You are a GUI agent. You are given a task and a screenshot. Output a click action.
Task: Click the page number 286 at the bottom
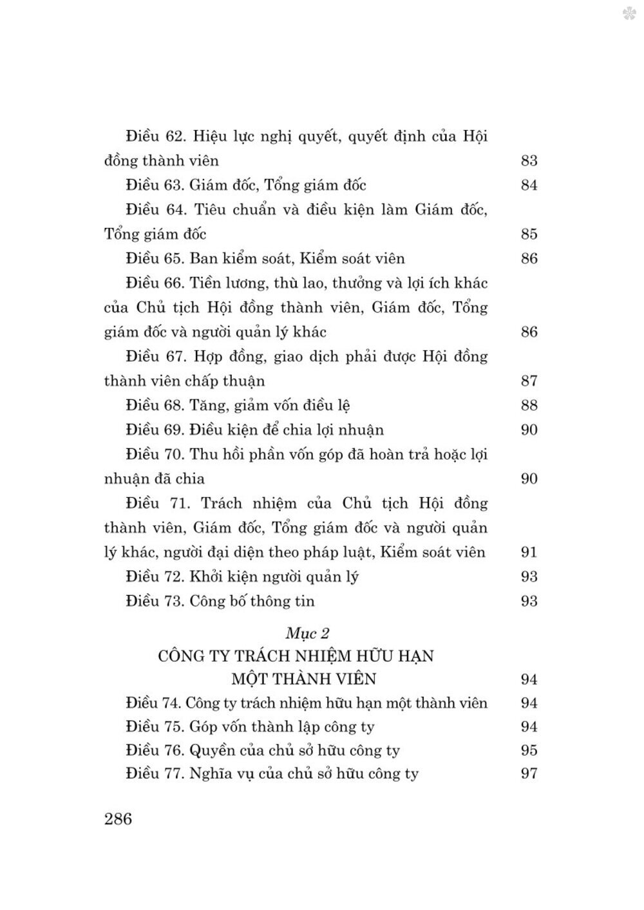117,819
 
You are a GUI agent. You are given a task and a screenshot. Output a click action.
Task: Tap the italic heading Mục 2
308,632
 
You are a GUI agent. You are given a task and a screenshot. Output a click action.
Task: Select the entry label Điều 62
156,137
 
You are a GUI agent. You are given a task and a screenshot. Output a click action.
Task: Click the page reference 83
529,161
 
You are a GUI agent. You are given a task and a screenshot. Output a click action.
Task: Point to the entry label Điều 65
155,259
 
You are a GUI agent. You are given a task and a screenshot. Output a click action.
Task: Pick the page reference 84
529,185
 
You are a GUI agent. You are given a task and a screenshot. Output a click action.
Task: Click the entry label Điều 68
155,406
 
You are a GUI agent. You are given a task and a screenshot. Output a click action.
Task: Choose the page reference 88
529,406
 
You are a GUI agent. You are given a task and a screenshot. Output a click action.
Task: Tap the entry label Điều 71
155,504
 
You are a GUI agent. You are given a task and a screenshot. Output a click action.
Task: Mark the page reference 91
529,553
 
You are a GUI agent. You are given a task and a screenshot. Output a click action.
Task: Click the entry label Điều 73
155,602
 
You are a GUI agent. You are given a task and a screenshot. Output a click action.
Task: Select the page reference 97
529,773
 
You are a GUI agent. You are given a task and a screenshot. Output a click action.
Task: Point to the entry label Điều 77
155,773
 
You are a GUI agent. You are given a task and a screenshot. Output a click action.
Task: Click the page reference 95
529,750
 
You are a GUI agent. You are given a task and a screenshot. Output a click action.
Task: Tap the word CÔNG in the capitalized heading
180,656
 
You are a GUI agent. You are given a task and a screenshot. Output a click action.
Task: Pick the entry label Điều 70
155,455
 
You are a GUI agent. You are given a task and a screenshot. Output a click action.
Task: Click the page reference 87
529,381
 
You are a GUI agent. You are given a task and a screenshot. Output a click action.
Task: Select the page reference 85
529,234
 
